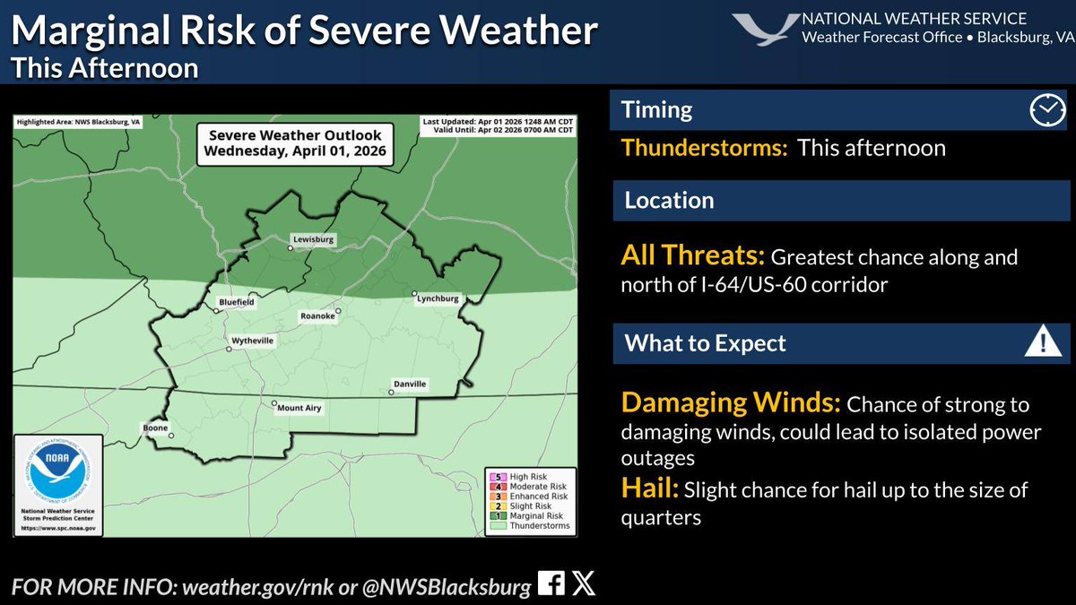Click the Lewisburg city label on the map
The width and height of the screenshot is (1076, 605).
[312, 240]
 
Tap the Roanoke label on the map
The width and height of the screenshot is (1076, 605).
[317, 316]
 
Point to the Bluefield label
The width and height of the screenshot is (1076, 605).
[237, 303]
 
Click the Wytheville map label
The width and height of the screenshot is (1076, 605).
[253, 341]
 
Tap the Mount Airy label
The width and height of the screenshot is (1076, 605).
[299, 408]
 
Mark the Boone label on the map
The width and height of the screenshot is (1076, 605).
[153, 428]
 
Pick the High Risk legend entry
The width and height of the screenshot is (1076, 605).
[529, 476]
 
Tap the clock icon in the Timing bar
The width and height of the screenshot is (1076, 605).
[1045, 109]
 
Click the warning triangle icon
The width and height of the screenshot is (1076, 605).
[1041, 342]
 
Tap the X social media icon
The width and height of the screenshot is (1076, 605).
[583, 584]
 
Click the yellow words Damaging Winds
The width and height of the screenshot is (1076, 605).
[730, 403]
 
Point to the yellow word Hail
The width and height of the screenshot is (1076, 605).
[650, 489]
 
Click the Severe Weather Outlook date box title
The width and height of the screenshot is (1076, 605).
[295, 143]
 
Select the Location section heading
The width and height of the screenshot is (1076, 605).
[669, 200]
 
